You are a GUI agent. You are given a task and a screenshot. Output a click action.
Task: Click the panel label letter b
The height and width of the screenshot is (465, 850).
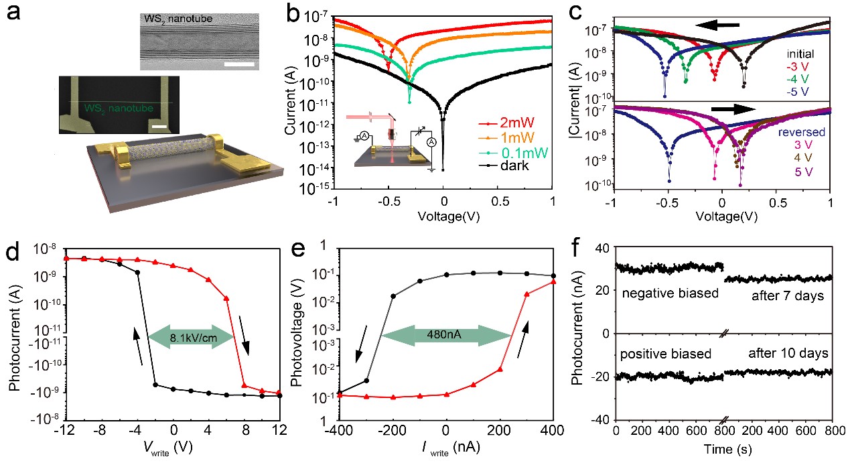295,14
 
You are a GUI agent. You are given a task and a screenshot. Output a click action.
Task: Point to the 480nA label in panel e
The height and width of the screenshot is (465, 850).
446,331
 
